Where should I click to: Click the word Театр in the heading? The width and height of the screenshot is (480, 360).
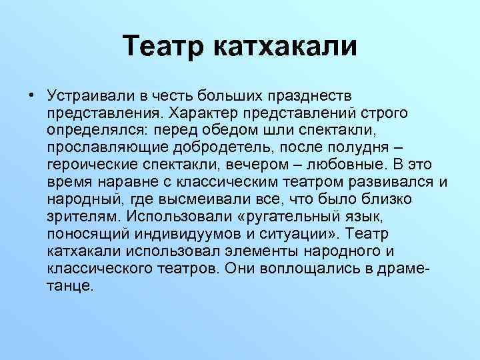coord(165,47)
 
